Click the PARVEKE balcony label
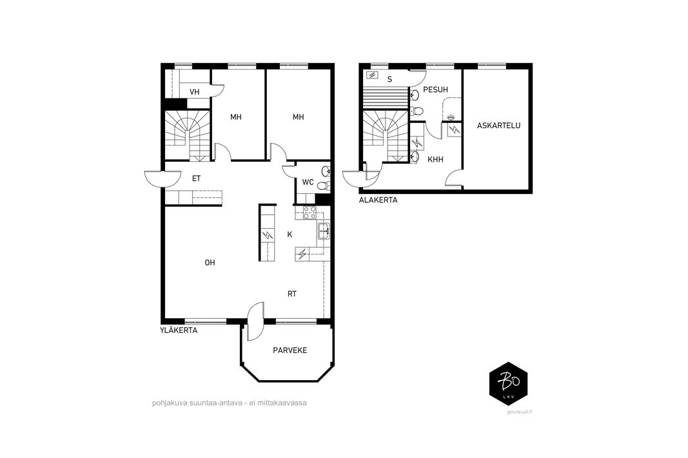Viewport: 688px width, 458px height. pyautogui.click(x=290, y=350)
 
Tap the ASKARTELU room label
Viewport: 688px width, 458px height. pyautogui.click(x=498, y=126)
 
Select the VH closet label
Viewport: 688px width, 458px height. pyautogui.click(x=194, y=92)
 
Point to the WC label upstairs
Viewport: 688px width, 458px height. pyautogui.click(x=308, y=182)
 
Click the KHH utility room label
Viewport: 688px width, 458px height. pyautogui.click(x=435, y=160)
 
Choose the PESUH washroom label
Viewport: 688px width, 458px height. pyautogui.click(x=435, y=90)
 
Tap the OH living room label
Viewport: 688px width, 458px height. pyautogui.click(x=210, y=263)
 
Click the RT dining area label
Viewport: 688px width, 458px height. pyautogui.click(x=292, y=294)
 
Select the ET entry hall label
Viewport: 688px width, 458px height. pyautogui.click(x=196, y=178)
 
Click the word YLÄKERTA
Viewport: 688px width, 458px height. pyautogui.click(x=178, y=330)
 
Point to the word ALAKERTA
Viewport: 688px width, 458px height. pyautogui.click(x=378, y=200)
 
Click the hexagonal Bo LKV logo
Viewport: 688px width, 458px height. pyautogui.click(x=508, y=383)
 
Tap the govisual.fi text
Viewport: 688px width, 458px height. pyautogui.click(x=519, y=412)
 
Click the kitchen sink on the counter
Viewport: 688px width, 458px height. pyautogui.click(x=324, y=231)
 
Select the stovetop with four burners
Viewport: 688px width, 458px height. pyautogui.click(x=310, y=213)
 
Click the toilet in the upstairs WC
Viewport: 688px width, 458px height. pyautogui.click(x=324, y=186)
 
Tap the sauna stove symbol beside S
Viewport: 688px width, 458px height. pyautogui.click(x=371, y=75)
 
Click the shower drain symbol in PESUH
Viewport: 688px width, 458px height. pyautogui.click(x=451, y=117)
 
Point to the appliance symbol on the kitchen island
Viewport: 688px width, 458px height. pyautogui.click(x=267, y=236)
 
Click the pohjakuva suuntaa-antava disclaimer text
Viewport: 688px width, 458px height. pyautogui.click(x=229, y=403)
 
